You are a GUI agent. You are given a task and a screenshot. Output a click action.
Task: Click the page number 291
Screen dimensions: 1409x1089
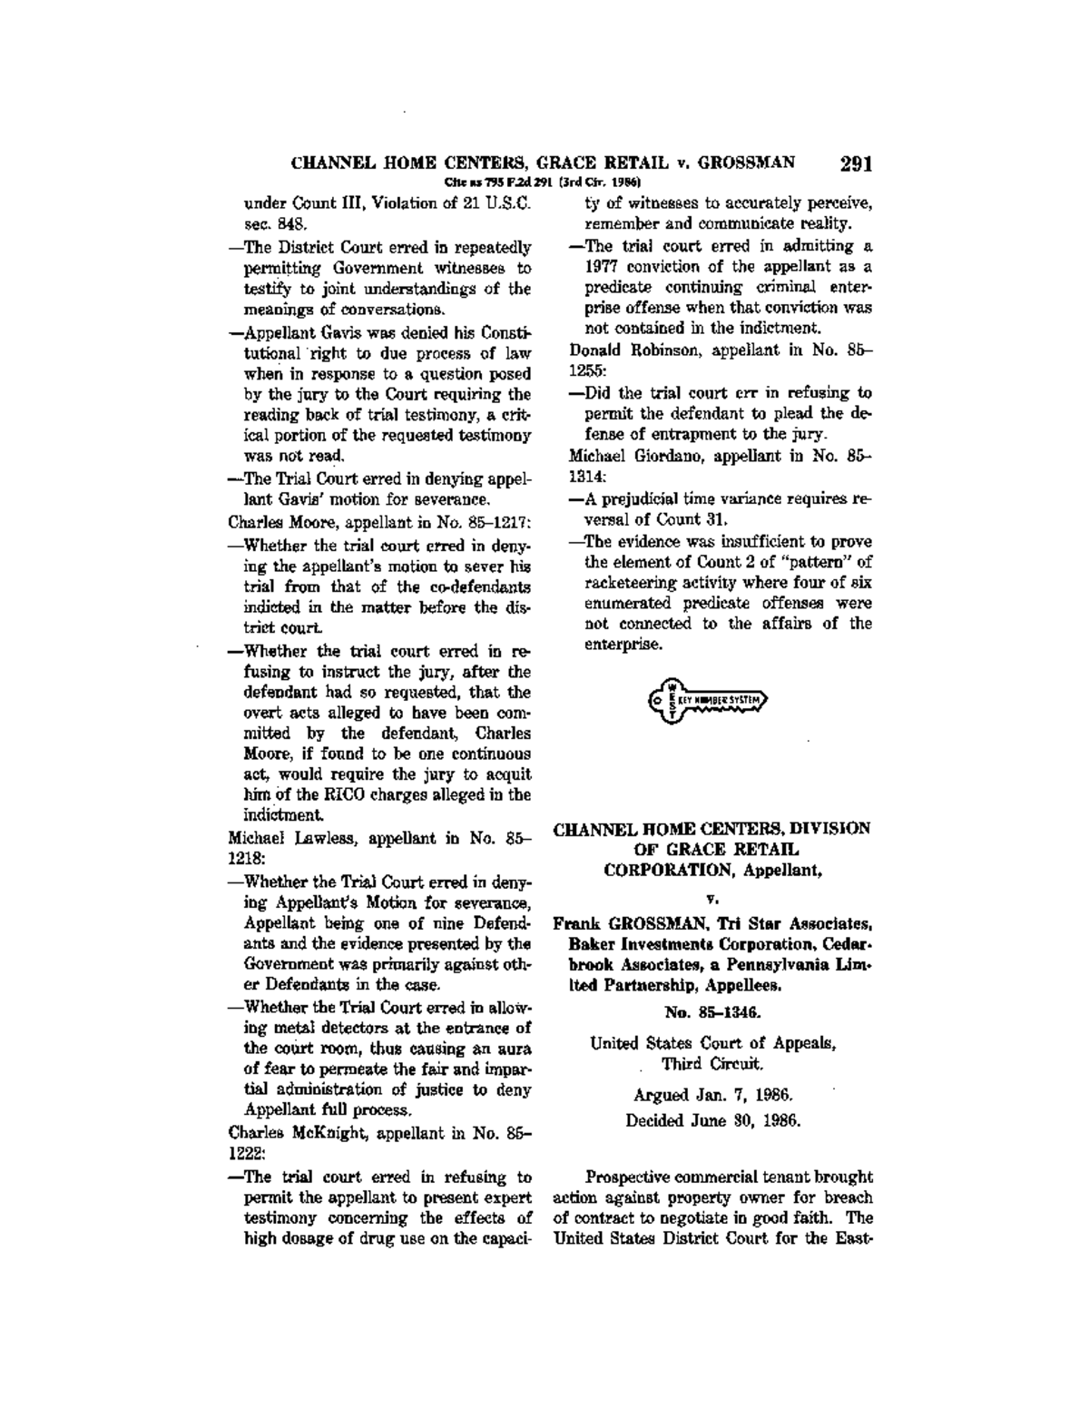tap(856, 164)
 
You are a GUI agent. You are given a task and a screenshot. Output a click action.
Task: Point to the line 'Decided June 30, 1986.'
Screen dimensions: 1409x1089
tap(712, 1120)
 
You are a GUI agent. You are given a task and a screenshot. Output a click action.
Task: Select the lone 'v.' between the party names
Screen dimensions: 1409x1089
tap(713, 899)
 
